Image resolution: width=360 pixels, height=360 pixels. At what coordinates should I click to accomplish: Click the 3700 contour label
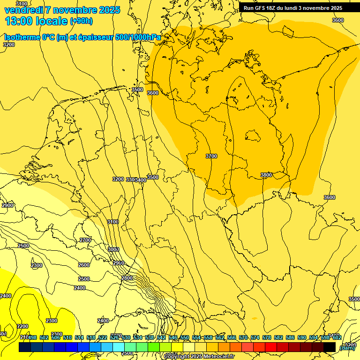point(211,156)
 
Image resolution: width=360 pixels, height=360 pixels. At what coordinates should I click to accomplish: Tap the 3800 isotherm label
point(266,175)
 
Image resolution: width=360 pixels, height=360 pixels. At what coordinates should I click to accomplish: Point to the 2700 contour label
point(85,240)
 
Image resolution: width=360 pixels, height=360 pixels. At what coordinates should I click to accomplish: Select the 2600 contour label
point(83,265)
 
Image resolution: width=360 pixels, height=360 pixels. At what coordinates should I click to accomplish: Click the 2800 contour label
point(127,278)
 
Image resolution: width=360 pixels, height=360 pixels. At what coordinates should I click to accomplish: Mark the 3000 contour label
point(113,249)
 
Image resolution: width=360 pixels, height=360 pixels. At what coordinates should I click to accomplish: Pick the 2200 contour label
point(22,326)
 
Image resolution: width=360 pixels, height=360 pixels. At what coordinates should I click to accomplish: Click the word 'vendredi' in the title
point(23,10)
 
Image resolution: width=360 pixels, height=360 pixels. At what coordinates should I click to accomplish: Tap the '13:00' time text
point(18,21)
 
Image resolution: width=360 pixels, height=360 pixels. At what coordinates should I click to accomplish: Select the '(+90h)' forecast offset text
point(82,21)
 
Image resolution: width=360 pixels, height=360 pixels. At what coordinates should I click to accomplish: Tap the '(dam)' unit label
point(347,347)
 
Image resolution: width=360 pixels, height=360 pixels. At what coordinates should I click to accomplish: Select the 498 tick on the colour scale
point(32,337)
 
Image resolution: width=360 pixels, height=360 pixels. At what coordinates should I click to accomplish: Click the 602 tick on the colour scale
point(337,337)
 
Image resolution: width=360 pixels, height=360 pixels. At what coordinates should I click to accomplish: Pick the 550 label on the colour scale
point(184,337)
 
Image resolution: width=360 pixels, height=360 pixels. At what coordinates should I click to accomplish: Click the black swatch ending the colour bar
point(330,347)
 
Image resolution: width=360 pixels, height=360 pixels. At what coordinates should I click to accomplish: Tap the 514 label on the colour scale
point(79,337)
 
